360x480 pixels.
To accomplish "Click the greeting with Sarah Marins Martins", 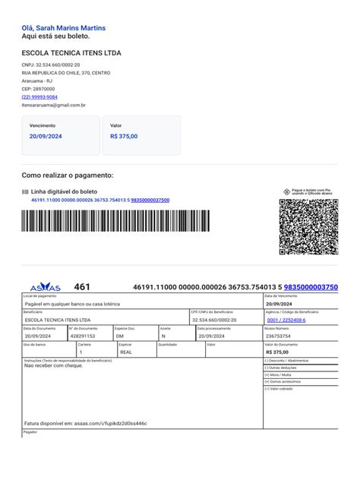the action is tap(64, 28).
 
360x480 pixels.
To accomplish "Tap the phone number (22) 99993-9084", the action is tap(39, 97).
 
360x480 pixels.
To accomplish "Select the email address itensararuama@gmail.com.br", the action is tap(53, 106).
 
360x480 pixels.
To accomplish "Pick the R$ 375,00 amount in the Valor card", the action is tap(124, 136).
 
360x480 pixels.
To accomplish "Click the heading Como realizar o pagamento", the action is tap(68, 175).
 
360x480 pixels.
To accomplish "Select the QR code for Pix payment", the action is tap(309, 226).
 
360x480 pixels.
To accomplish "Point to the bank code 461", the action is tap(82, 287).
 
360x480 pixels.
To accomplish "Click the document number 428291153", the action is tap(83, 335).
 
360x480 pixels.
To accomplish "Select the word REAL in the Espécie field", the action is tap(126, 352).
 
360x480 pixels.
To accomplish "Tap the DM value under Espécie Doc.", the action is tap(120, 335).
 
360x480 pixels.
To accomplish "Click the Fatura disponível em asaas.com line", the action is tap(86, 423).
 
